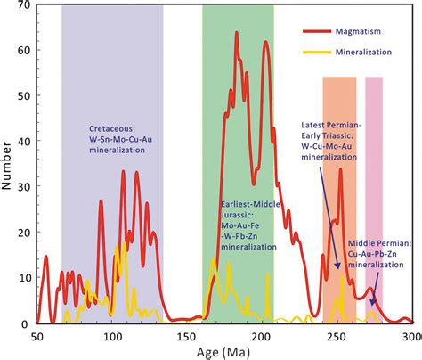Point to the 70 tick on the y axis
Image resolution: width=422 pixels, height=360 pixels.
click(x=26, y=5)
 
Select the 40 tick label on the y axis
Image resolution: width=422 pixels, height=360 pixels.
click(x=26, y=142)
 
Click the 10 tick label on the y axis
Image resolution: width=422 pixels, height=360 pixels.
click(x=26, y=278)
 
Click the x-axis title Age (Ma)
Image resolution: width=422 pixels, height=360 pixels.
click(x=223, y=352)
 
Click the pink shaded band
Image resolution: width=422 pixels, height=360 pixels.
click(x=374, y=178)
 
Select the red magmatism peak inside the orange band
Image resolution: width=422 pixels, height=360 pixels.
click(x=340, y=169)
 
